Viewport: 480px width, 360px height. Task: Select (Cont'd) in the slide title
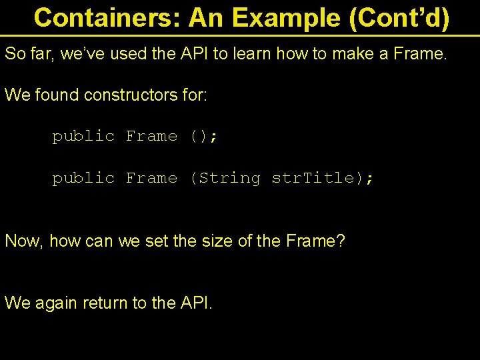399,18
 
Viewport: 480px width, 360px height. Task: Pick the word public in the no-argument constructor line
83,137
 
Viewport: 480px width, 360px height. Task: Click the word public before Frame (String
83,179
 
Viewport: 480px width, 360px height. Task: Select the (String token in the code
225,179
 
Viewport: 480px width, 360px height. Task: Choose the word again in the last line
55,303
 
